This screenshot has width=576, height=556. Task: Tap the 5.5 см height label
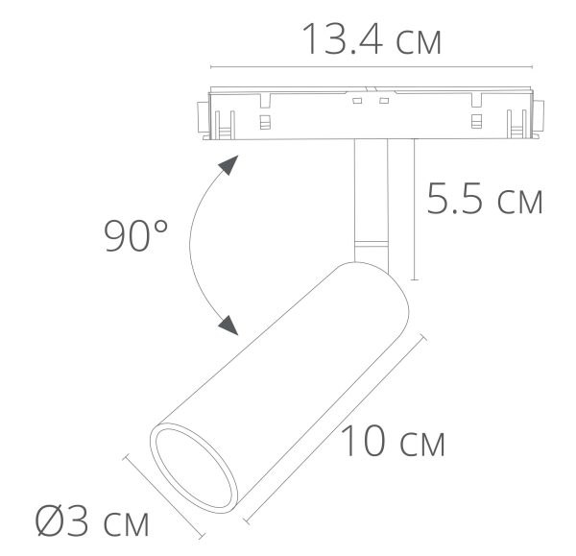point(485,201)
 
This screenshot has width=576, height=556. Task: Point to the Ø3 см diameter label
point(93,523)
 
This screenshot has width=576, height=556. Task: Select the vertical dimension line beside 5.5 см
point(415,211)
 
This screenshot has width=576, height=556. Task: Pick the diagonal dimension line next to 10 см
point(336,427)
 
